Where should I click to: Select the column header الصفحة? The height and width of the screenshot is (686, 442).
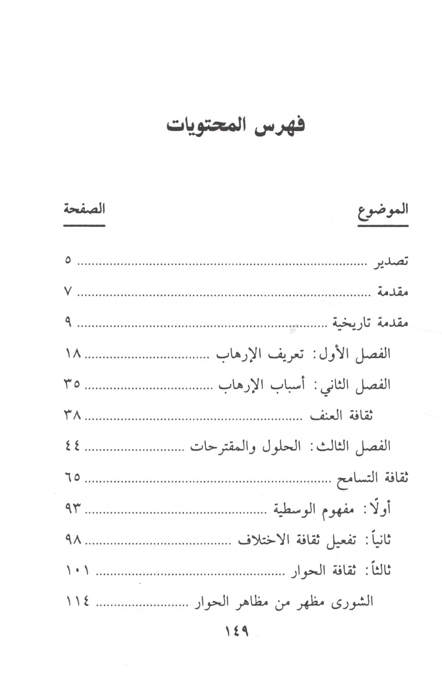click(84, 209)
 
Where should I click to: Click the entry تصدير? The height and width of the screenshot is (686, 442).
click(389, 262)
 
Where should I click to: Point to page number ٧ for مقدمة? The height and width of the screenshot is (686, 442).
click(68, 291)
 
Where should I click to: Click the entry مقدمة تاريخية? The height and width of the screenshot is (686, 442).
click(370, 323)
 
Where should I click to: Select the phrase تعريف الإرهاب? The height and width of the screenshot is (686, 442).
click(260, 354)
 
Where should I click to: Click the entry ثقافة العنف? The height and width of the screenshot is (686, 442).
click(342, 416)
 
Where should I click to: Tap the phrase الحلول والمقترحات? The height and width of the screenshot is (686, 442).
click(246, 447)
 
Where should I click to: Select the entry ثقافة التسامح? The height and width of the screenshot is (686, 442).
click(372, 478)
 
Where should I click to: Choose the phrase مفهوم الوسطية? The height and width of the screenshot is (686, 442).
click(314, 509)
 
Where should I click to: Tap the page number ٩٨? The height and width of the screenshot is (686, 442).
click(73, 540)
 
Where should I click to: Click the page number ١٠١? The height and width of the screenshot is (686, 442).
click(78, 570)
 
